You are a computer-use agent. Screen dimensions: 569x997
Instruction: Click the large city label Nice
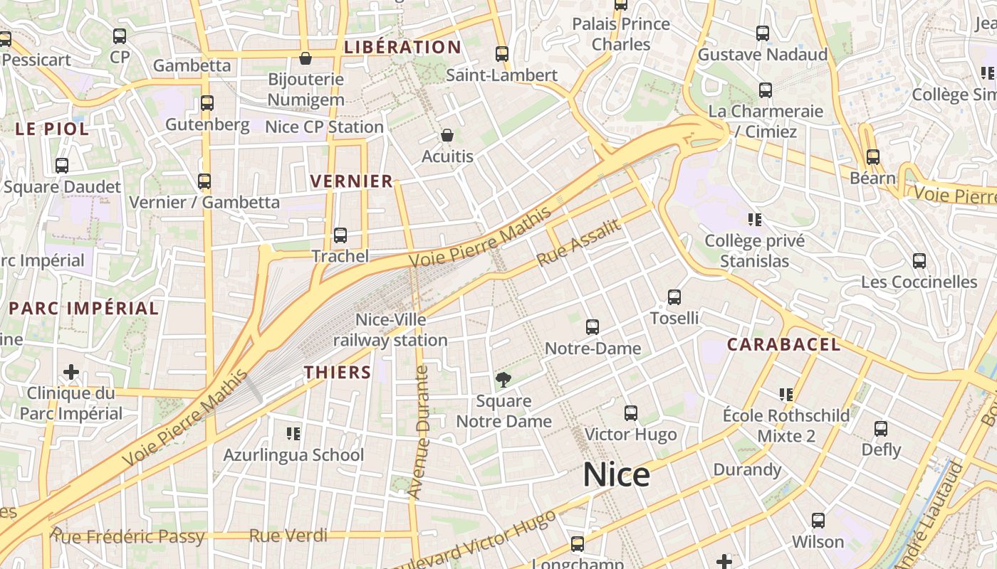pos(616,475)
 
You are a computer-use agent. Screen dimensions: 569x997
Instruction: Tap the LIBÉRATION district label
pos(402,48)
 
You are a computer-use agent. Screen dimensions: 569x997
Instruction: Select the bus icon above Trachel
pos(340,235)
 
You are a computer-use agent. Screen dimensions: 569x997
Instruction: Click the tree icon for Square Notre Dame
pos(503,379)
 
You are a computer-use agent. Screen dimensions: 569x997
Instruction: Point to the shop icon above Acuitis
pos(447,135)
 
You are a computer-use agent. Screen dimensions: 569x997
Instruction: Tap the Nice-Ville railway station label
pos(391,330)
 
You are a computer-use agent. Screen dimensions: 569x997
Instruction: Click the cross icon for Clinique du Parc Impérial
pos(71,372)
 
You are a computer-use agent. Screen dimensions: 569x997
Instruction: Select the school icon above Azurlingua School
pos(293,433)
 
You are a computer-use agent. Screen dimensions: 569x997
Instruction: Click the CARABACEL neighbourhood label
pos(783,345)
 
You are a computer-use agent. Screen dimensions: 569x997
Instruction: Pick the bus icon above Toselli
pos(674,297)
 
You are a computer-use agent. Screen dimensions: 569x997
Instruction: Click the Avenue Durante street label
pos(421,431)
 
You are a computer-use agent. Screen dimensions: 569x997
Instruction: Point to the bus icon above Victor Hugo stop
pos(630,413)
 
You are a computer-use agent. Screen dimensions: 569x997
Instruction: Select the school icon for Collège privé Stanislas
pos(755,220)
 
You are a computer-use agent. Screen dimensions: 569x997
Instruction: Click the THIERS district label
pos(338,372)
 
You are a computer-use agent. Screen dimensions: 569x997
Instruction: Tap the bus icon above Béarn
pos(873,157)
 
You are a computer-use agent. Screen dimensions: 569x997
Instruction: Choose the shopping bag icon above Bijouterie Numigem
pos(306,58)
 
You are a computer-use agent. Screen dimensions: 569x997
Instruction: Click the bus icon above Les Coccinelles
pos(919,261)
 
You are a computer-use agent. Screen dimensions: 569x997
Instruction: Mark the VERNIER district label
pos(352,181)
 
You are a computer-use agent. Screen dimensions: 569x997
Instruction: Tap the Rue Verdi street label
pos(288,536)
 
